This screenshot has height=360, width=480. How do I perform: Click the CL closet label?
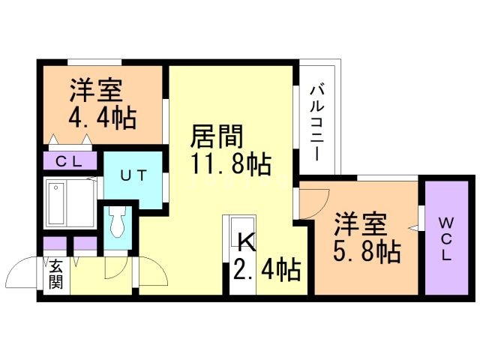coord(70,160)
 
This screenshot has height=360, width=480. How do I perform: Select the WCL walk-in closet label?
coord(445,239)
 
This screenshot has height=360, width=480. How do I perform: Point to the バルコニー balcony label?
coord(317,123)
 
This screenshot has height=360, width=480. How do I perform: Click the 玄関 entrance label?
coord(55,275)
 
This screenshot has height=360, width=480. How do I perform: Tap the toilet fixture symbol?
coord(118,223)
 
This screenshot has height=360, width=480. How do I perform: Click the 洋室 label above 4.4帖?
coord(97,91)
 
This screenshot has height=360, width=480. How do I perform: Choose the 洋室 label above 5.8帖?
coord(360,223)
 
